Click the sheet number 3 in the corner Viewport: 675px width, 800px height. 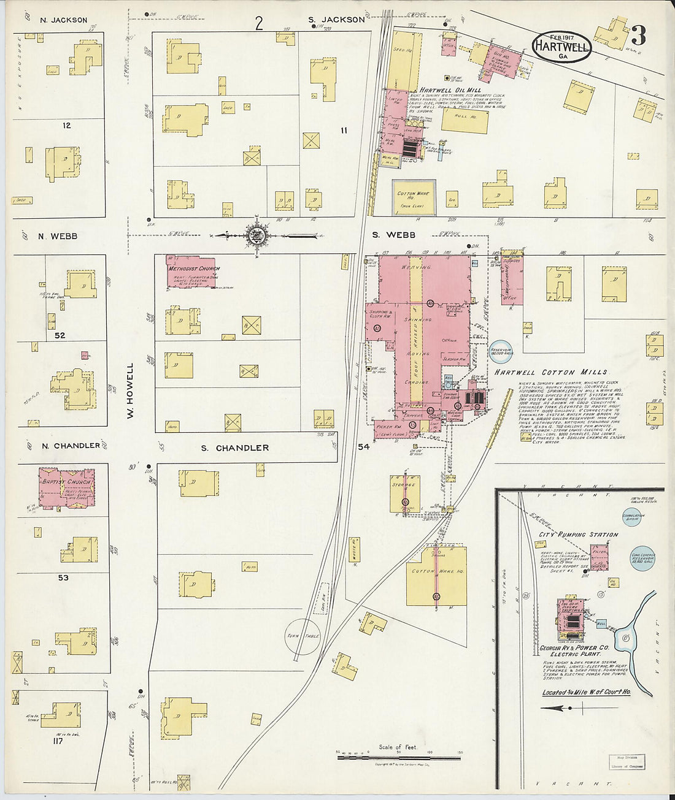pos(638,36)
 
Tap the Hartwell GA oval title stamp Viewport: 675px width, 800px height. pos(561,47)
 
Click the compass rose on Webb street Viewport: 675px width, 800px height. pos(256,234)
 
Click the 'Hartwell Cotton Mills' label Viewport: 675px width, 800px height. pos(550,372)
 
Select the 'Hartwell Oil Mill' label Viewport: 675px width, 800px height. pos(450,90)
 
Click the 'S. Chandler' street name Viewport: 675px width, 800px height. pos(235,448)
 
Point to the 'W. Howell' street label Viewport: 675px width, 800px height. pos(130,390)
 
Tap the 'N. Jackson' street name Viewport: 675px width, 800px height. pos(64,20)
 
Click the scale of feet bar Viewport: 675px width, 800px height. pos(399,758)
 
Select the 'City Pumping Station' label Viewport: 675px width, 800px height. pos(578,535)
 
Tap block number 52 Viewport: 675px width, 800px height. pos(60,335)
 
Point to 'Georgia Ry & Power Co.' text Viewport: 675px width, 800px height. pos(574,648)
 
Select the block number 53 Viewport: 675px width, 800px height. pos(63,577)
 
